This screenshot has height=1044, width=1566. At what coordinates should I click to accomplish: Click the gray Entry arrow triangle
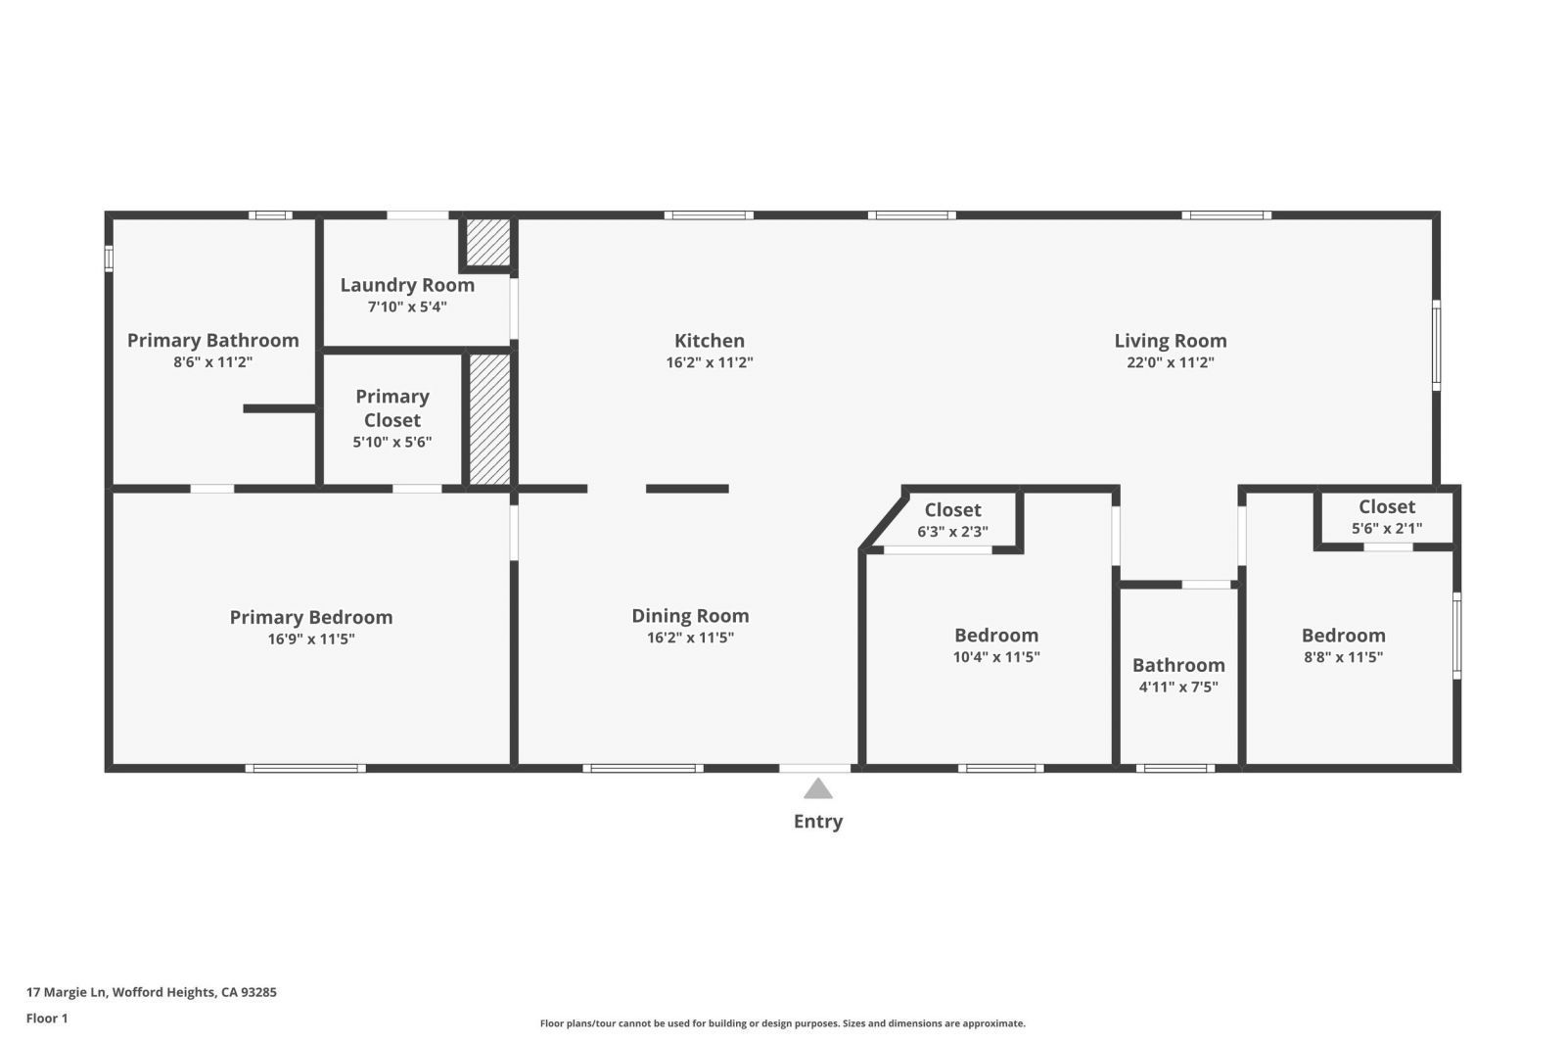click(817, 789)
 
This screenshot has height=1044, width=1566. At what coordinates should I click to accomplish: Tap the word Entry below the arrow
click(817, 822)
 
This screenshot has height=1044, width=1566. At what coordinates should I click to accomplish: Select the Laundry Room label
click(407, 285)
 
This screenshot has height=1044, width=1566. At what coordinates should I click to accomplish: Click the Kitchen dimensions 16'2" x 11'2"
click(710, 362)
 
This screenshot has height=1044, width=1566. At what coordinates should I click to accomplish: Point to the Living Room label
click(1170, 341)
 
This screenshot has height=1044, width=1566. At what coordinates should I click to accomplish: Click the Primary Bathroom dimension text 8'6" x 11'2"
click(213, 362)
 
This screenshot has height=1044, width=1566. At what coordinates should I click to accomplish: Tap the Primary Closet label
click(392, 408)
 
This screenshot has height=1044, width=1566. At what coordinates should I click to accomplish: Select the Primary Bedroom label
click(311, 617)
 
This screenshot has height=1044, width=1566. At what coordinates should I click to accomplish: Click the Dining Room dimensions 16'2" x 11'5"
click(690, 638)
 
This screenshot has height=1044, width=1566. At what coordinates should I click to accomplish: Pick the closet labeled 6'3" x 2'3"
click(952, 520)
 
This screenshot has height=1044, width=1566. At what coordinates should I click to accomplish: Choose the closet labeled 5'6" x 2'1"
click(1387, 517)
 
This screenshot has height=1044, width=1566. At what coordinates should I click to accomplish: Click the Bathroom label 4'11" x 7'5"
click(1178, 675)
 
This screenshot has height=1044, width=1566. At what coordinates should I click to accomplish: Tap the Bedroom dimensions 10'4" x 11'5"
click(996, 657)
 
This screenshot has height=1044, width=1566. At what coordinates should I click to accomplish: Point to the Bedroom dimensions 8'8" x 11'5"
click(1343, 657)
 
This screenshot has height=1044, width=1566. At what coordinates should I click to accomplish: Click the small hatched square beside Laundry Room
click(487, 242)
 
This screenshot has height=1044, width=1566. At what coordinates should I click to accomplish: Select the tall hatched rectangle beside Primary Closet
click(489, 418)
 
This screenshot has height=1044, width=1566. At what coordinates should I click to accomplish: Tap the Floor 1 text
click(47, 1019)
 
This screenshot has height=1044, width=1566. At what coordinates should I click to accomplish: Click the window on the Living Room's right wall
click(1436, 345)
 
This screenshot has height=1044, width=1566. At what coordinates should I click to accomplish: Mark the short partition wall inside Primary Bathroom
click(279, 408)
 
